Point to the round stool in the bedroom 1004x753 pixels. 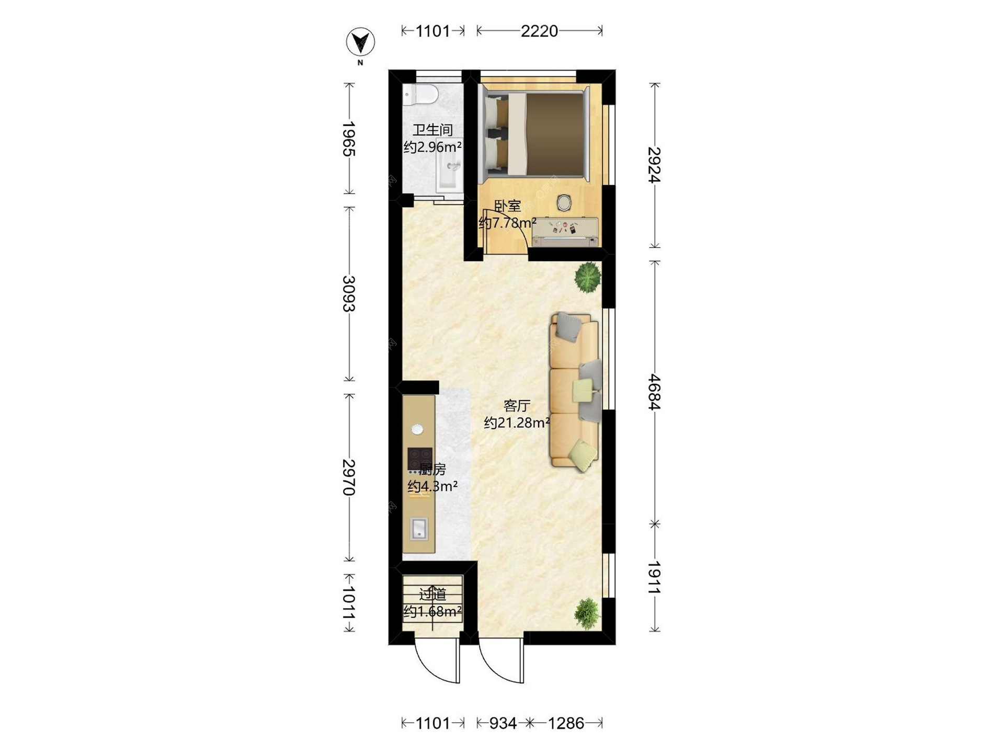pos(564,202)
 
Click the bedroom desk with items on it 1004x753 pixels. pos(565,232)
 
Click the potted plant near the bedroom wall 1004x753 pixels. pos(588,277)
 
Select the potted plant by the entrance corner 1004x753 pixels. pos(587,613)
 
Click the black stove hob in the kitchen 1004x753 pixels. pos(420,459)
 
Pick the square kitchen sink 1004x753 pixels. pos(419,528)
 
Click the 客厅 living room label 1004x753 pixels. pos(517,405)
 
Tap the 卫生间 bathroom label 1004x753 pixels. pos(432,130)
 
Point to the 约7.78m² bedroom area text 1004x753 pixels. pos(508,223)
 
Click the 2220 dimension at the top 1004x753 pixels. pos(539,31)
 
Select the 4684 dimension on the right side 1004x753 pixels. pos(654,392)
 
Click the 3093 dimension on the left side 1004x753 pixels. pos(349,293)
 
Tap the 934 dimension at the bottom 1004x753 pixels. pos(503,723)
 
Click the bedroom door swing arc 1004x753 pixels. pos(513,221)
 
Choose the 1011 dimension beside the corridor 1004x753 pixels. pos(349,602)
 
